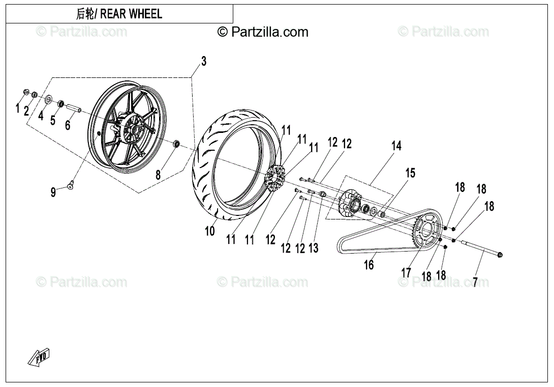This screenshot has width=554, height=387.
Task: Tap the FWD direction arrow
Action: (x=39, y=358)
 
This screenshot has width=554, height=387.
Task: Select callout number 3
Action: (x=204, y=61)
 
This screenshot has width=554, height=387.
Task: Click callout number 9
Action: (x=53, y=192)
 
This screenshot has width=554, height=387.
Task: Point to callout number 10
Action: (x=210, y=231)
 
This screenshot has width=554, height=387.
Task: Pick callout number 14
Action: (x=396, y=146)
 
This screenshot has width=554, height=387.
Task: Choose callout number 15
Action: (x=410, y=173)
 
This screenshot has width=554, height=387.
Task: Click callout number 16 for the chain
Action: (x=369, y=264)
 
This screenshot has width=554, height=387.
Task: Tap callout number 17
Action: (x=406, y=272)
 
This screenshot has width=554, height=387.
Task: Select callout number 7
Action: (x=475, y=282)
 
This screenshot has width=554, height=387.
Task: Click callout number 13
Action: (x=314, y=248)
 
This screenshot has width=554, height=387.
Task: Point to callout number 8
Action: (x=158, y=175)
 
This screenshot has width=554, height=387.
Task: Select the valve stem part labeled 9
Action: (x=71, y=184)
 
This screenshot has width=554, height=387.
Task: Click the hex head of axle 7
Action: (x=499, y=254)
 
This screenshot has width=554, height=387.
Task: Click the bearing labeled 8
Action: (x=176, y=144)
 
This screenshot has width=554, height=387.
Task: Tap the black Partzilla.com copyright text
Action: (x=263, y=32)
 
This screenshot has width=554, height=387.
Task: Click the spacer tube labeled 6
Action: (x=73, y=107)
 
